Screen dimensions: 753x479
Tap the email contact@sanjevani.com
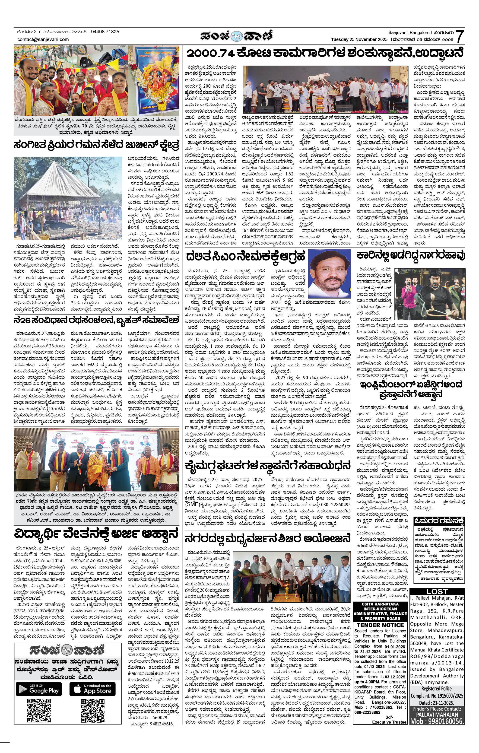(43, 39)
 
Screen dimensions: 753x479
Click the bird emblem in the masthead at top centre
(237, 36)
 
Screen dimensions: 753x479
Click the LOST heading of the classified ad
(437, 592)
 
